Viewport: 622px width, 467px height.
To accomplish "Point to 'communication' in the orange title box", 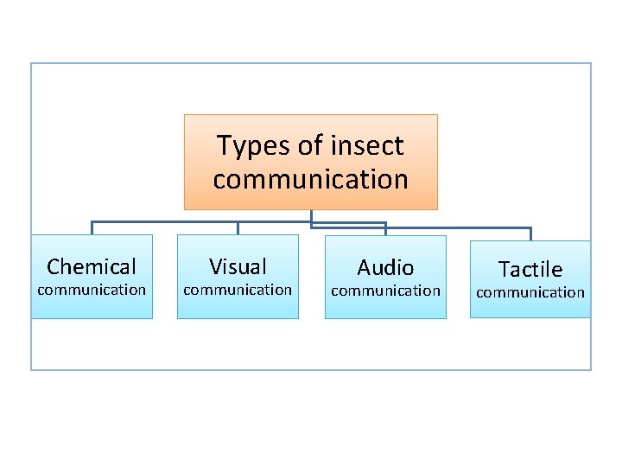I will pyautogui.click(x=310, y=180).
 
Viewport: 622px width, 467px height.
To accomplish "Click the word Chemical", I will pyautogui.click(x=92, y=266).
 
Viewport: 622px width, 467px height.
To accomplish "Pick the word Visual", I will pyautogui.click(x=238, y=266).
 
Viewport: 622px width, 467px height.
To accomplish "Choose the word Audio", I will pyautogui.click(x=385, y=267).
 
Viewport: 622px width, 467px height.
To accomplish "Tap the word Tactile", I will pyautogui.click(x=530, y=270).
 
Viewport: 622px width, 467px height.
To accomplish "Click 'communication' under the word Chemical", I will pyautogui.click(x=92, y=290).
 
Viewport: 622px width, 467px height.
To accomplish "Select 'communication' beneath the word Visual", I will pyautogui.click(x=238, y=290).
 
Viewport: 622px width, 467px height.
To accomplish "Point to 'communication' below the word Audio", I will pyautogui.click(x=385, y=291).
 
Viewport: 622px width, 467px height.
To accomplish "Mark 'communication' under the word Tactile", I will pyautogui.click(x=530, y=292).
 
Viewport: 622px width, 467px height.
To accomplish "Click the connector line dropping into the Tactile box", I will pyautogui.click(x=530, y=233).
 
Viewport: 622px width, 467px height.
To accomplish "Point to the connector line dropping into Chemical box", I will pyautogui.click(x=92, y=228).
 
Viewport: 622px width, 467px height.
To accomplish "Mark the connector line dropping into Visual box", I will pyautogui.click(x=238, y=228).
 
